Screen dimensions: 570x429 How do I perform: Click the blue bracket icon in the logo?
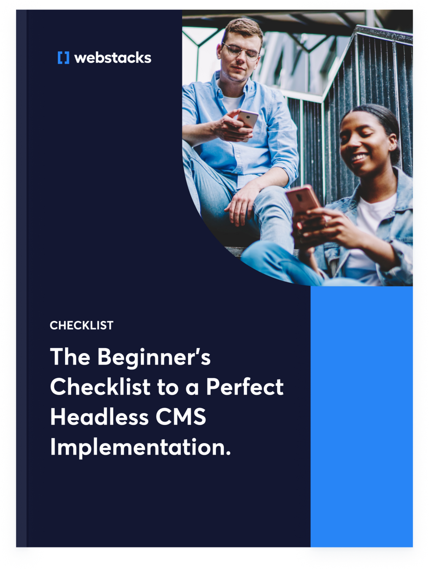(63, 58)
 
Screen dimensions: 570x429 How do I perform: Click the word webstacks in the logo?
(113, 58)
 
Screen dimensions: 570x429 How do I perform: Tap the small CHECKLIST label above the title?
(81, 325)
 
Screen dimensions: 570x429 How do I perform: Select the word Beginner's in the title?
(154, 357)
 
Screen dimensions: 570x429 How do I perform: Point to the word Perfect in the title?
(245, 387)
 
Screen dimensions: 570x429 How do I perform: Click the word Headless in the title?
(99, 417)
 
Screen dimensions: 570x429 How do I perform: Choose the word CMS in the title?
(181, 417)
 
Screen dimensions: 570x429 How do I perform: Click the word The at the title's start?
(70, 357)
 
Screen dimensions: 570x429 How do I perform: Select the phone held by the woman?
(303, 199)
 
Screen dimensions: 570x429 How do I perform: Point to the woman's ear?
(393, 143)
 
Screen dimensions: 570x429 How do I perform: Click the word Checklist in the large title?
(100, 387)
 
